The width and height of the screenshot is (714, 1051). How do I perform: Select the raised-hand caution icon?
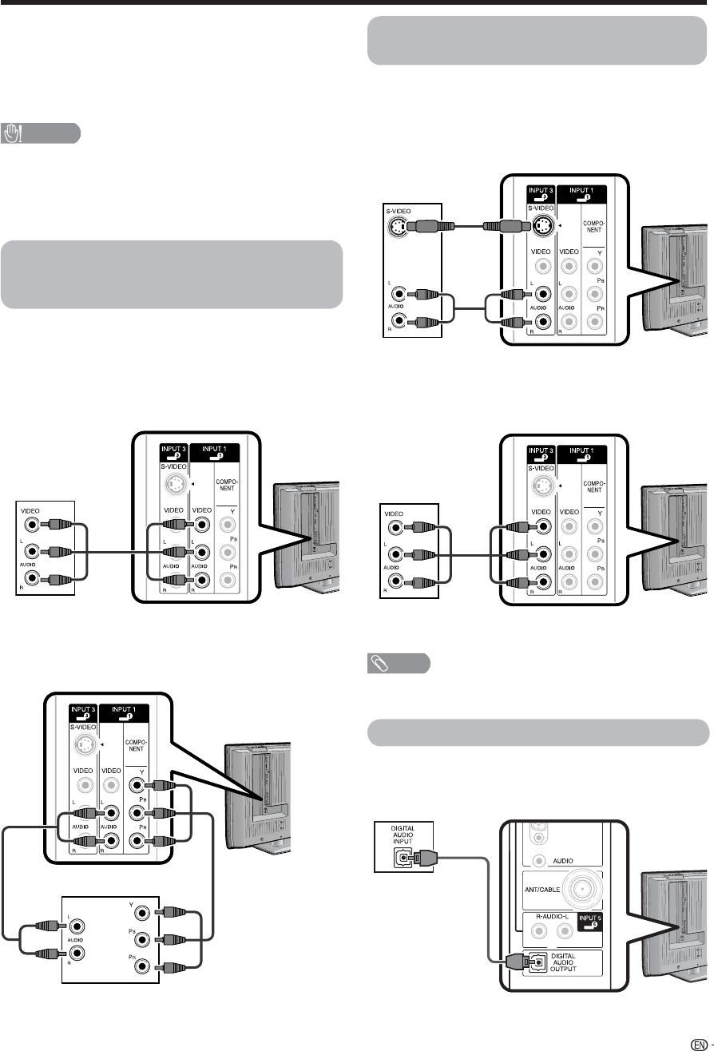pyautogui.click(x=14, y=133)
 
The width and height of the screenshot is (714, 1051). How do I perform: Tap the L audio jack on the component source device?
pyautogui.click(x=77, y=925)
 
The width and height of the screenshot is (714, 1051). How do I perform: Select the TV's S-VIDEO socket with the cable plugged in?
pyautogui.click(x=544, y=227)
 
